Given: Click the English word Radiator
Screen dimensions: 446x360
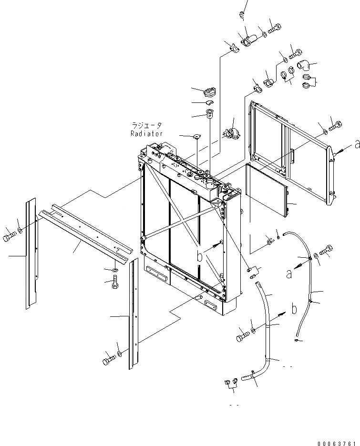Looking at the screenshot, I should pyautogui.click(x=147, y=134).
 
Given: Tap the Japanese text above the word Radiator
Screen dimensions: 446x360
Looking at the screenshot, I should pyautogui.click(x=147, y=126).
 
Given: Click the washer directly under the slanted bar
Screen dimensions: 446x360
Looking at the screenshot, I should pyautogui.click(x=114, y=271).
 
